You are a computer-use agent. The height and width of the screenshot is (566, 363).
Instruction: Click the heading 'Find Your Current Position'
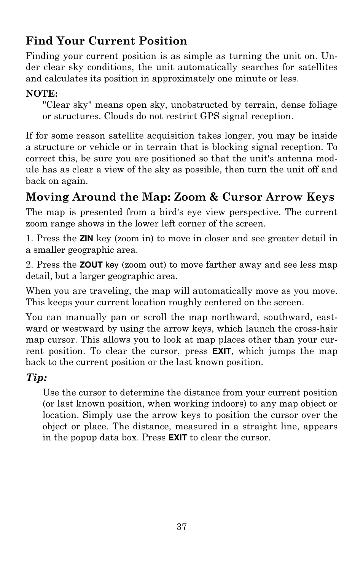coord(106,41)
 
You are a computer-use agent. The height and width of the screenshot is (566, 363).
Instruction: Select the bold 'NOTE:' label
coord(41,93)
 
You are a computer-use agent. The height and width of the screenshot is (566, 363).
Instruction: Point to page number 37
coord(181,526)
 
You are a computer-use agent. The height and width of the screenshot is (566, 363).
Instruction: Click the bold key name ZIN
coord(86,239)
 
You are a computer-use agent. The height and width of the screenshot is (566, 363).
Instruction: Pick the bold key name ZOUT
coord(91,265)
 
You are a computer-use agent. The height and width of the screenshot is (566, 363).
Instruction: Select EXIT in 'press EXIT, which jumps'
coord(221,351)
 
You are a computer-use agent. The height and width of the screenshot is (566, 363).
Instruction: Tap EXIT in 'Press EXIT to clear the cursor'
coord(177,438)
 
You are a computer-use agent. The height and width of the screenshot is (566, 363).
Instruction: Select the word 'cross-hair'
coord(318,328)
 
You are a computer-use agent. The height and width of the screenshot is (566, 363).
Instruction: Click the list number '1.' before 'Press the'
coord(29,239)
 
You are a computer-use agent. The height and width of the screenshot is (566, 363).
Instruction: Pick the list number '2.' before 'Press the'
coord(29,265)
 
